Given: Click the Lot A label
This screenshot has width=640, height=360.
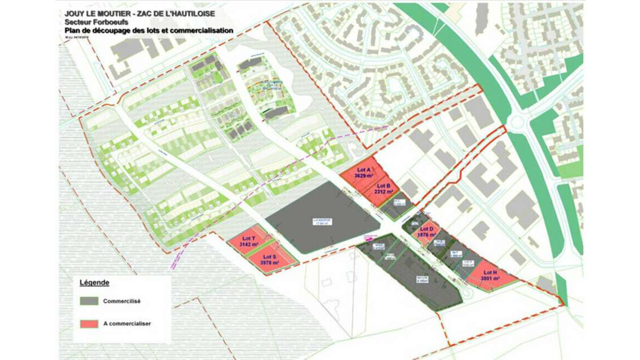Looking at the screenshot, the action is click(363, 170).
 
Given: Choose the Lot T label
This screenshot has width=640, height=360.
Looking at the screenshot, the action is click(249, 238).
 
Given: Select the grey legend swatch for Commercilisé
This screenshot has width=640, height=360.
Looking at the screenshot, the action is click(89, 301).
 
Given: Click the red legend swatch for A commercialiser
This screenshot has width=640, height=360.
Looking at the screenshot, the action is click(89, 324).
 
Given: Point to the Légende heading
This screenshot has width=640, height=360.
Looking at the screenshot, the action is click(94, 282).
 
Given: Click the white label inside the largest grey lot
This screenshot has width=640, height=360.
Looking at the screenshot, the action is click(322, 222).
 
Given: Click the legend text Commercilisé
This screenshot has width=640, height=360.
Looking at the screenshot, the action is click(121, 301).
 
